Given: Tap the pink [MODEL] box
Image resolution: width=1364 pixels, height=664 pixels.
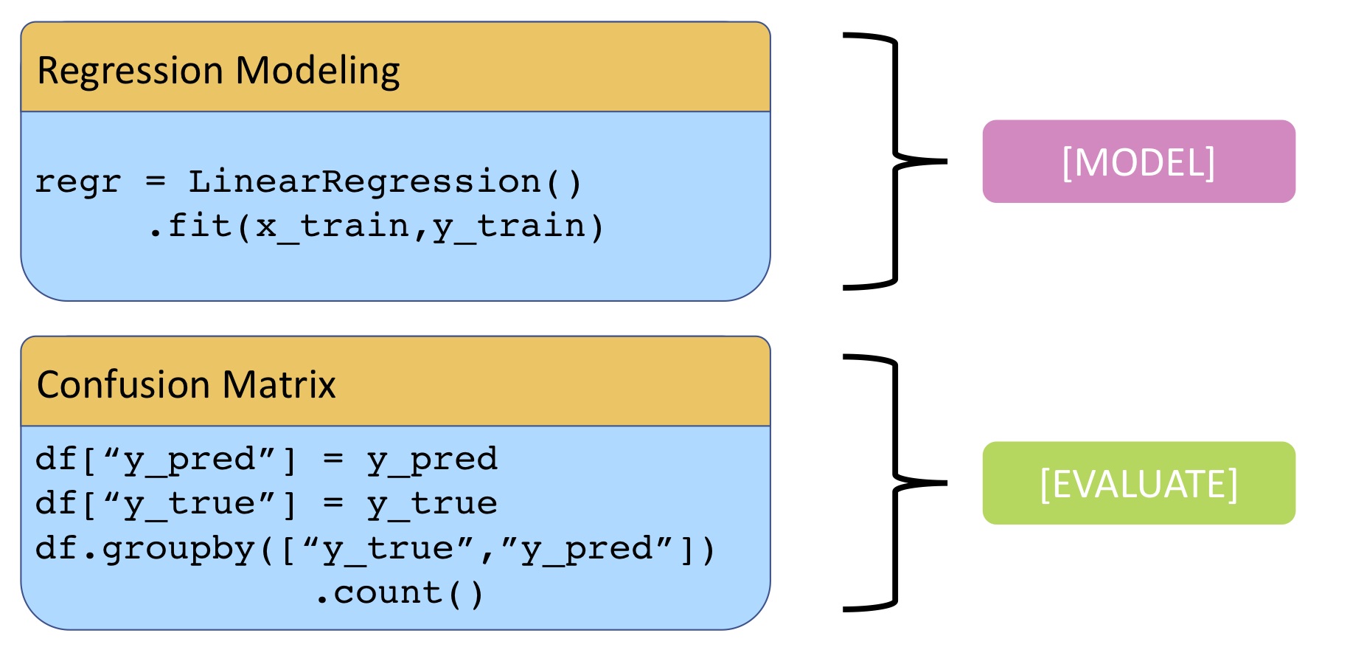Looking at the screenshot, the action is click(x=1138, y=162).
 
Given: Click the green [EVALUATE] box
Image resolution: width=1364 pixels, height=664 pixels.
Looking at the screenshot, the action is click(x=1138, y=483).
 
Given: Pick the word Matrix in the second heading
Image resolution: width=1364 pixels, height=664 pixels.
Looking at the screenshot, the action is click(x=279, y=384).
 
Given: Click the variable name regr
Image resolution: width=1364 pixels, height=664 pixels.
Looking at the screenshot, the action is click(x=78, y=182).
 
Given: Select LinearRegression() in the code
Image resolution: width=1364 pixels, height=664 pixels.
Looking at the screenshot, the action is click(x=386, y=182).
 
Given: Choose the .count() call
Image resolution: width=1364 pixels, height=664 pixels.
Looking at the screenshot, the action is click(x=400, y=593).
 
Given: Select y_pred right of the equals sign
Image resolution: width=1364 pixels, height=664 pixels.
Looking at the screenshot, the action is click(x=432, y=460).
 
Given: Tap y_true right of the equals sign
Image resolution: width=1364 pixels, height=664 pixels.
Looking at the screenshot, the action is click(x=432, y=504).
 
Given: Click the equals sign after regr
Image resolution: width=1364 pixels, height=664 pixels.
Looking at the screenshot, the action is click(x=156, y=181).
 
